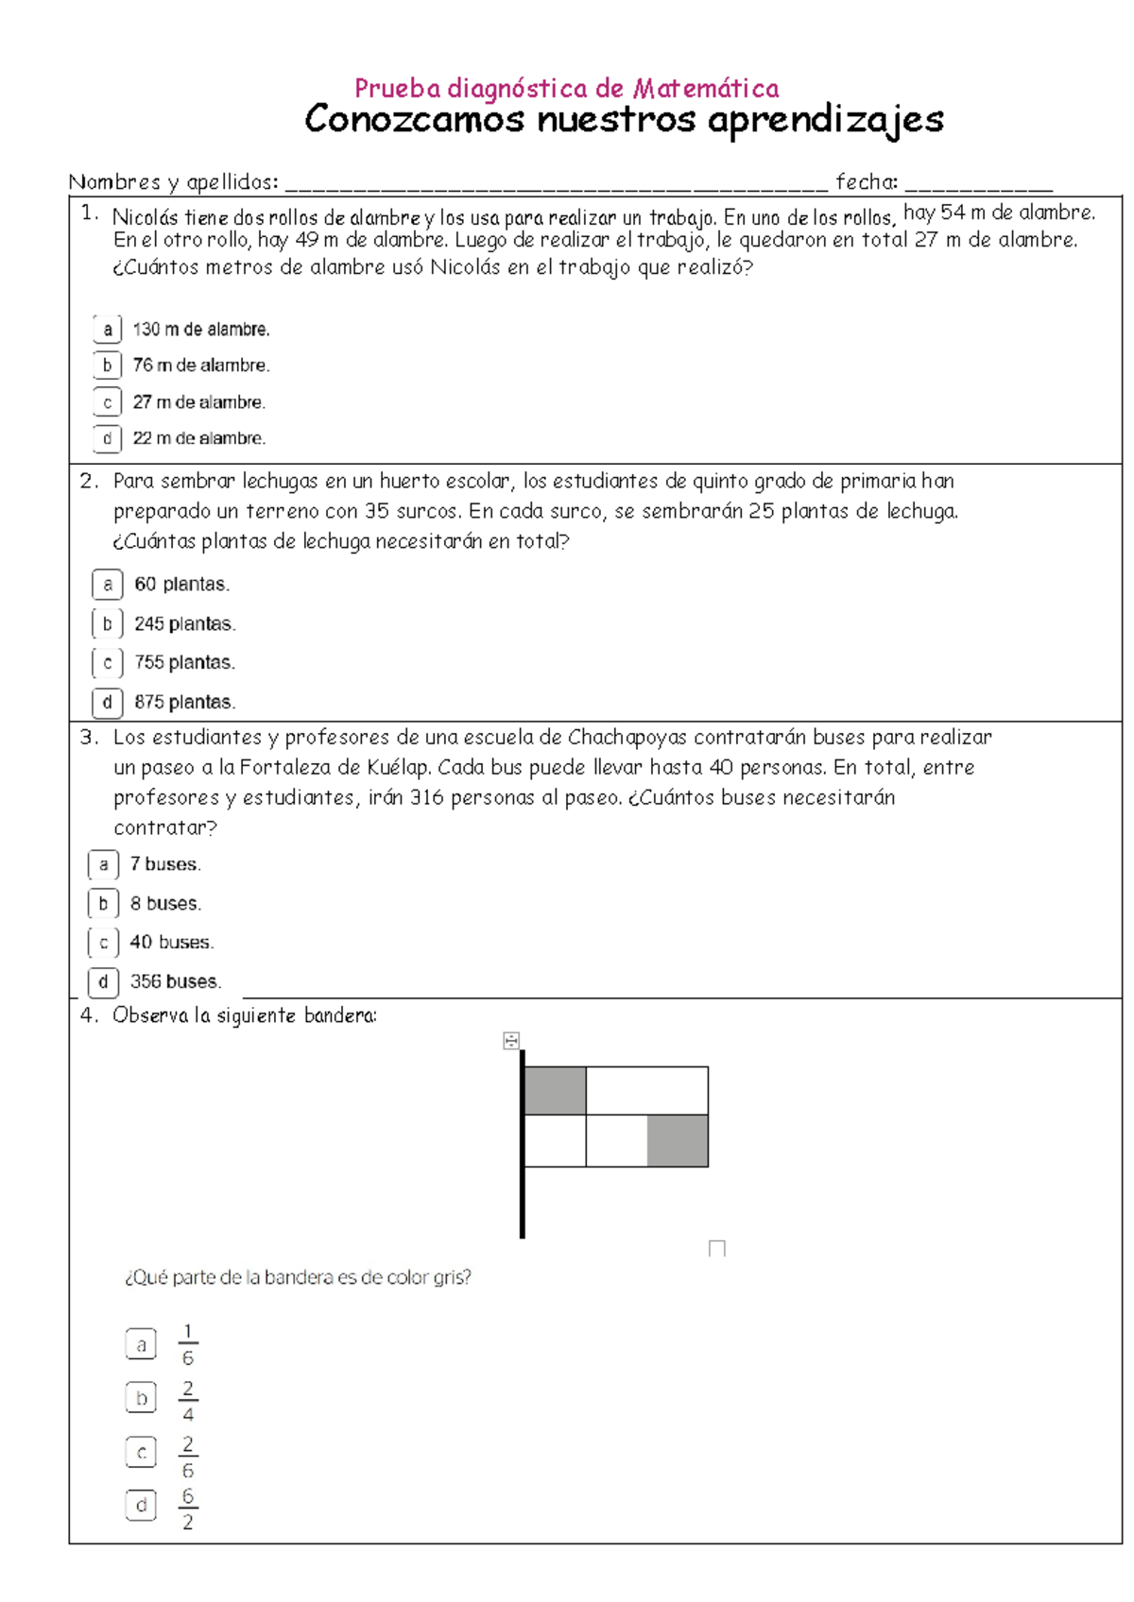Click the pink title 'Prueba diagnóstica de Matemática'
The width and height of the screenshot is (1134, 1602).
coord(566,89)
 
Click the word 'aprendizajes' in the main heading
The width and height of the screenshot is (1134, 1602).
coord(825,120)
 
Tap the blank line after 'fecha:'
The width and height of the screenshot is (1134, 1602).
coord(978,182)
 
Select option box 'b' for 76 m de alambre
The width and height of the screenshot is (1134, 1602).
coord(107,366)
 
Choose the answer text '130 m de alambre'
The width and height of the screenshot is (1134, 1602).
coord(200,330)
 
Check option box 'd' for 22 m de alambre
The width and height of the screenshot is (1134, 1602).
coord(107,438)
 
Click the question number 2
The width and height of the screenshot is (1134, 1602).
coord(88,481)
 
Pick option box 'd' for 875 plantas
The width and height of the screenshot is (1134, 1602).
coord(107,702)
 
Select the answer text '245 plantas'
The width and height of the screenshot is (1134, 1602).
coord(184,624)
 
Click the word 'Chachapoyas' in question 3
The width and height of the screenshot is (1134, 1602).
coord(627,737)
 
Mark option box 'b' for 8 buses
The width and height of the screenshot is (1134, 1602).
coord(103,903)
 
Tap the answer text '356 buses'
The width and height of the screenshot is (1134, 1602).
coord(175,981)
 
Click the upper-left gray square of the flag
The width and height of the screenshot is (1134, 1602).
coord(555,1090)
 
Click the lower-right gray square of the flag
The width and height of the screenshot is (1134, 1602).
coord(678,1141)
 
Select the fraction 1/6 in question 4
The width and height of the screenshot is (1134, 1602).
coord(187,1344)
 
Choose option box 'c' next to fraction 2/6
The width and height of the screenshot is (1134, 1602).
coord(141,1453)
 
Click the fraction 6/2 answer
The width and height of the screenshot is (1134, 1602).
coord(187,1509)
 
